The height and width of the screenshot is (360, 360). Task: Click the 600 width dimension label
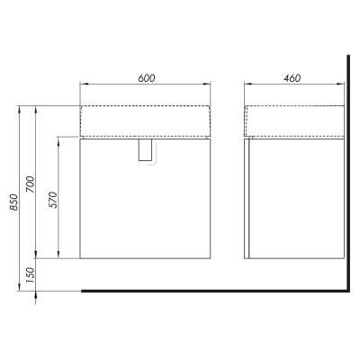click(x=147, y=78)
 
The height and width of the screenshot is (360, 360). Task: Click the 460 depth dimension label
click(x=292, y=78)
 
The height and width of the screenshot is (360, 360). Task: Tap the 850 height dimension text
click(x=14, y=202)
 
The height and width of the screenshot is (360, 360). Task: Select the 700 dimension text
click(x=31, y=184)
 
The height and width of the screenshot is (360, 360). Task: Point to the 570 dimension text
click(x=52, y=200)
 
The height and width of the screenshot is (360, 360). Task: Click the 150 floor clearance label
click(x=31, y=275)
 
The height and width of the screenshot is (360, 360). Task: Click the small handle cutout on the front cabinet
click(x=146, y=150)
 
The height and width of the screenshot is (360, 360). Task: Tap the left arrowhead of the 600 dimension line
click(x=84, y=85)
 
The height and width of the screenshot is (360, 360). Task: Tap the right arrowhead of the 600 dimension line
click(x=207, y=85)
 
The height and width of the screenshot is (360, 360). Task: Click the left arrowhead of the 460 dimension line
click(x=247, y=85)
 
